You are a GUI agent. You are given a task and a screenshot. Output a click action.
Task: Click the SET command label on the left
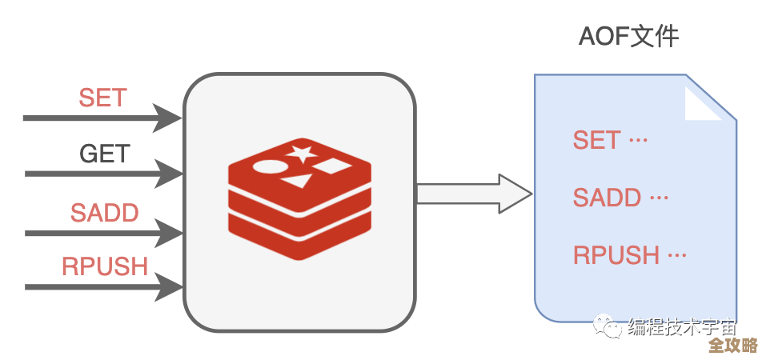102,98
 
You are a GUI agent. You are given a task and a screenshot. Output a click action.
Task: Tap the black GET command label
105,153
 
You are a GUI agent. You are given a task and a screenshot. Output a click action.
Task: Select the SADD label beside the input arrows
104,213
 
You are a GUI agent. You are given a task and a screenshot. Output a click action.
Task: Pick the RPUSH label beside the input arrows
105,266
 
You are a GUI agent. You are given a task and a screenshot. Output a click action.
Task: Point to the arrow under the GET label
104,173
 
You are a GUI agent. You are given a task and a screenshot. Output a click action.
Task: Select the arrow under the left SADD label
104,234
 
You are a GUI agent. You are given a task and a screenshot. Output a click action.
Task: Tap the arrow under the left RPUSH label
104,286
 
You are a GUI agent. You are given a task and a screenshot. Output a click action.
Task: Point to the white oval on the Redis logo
268,167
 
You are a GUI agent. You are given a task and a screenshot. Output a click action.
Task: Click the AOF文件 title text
628,37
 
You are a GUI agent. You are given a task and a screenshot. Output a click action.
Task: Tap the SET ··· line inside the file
610,141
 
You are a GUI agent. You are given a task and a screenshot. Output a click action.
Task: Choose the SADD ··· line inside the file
620,198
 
